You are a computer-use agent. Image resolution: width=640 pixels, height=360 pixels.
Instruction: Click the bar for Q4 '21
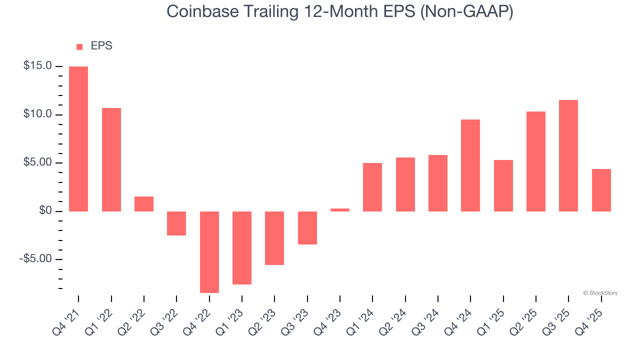point(78,139)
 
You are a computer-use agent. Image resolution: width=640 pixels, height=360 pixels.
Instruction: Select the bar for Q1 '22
point(111,159)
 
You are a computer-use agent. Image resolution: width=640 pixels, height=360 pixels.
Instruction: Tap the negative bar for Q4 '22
point(209,252)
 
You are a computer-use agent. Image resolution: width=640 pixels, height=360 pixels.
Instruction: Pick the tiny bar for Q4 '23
point(340,210)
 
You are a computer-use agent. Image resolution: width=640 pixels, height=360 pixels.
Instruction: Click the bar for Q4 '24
point(470,165)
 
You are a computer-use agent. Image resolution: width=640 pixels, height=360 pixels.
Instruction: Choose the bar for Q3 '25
point(568,155)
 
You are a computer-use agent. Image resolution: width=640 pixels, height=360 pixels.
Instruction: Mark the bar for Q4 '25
point(601,190)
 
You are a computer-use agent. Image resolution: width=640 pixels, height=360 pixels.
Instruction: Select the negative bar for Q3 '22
point(176,223)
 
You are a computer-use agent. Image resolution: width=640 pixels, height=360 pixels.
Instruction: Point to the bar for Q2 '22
point(144,204)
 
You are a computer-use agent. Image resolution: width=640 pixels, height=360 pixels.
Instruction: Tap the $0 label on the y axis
point(46,211)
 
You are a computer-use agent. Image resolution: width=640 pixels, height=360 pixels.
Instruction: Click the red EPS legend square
point(79,47)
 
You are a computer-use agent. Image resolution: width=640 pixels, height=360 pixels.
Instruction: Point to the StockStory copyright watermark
point(600,293)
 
